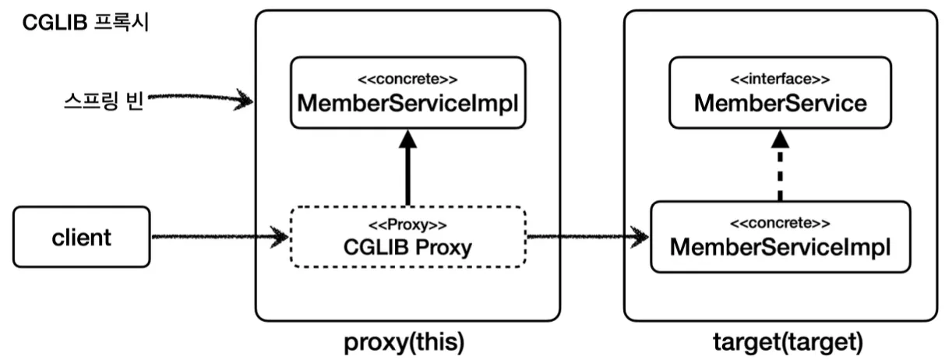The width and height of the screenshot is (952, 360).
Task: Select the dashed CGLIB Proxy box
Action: point(407,238)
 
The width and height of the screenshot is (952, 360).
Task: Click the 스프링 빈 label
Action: point(104,101)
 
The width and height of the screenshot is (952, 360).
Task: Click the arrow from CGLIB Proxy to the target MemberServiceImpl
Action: point(588,236)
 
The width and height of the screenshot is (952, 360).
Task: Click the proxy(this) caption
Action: point(407,342)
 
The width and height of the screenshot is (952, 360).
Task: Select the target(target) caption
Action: point(779,342)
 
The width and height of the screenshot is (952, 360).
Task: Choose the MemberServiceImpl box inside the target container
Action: point(780,237)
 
